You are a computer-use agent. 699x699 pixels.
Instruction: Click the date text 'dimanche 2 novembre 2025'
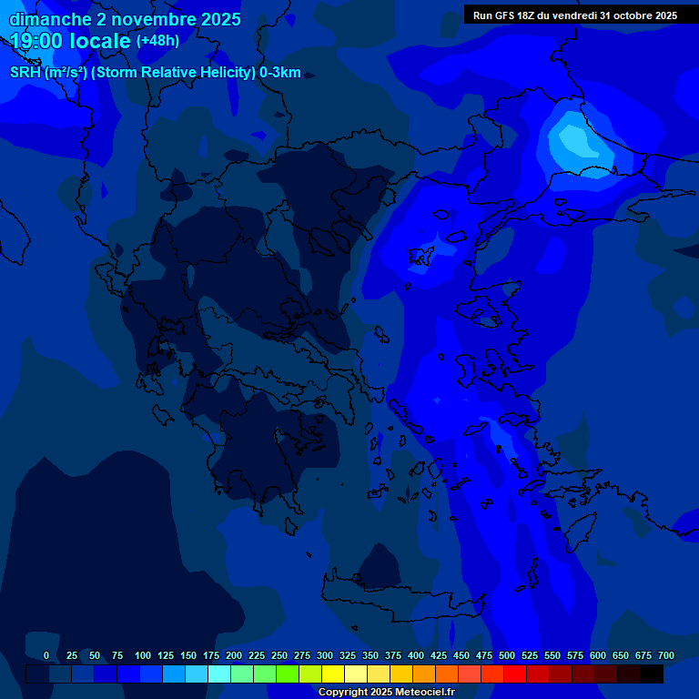125,19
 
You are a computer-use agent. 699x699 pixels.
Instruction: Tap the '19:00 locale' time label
70,41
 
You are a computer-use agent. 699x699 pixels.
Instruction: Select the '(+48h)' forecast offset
157,41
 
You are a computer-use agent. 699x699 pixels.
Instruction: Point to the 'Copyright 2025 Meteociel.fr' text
385,692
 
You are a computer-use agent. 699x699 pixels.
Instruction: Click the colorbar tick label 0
46,655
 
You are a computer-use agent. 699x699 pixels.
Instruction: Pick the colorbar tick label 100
143,655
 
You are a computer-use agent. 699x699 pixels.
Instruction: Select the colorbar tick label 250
279,655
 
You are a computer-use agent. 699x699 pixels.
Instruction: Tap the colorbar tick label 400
416,655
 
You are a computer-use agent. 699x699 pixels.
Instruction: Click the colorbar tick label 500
507,655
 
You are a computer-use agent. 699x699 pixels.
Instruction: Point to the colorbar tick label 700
666,655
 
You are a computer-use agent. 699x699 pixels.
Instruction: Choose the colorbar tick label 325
348,655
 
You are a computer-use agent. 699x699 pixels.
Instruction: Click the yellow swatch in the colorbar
333,674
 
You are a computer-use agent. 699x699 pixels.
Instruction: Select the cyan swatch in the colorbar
219,674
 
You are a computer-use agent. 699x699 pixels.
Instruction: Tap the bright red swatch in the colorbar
515,674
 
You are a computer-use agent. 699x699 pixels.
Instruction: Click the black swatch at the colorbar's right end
652,674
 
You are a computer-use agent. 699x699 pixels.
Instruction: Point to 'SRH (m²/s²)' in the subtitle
48,73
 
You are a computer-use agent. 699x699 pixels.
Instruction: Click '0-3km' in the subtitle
280,73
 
